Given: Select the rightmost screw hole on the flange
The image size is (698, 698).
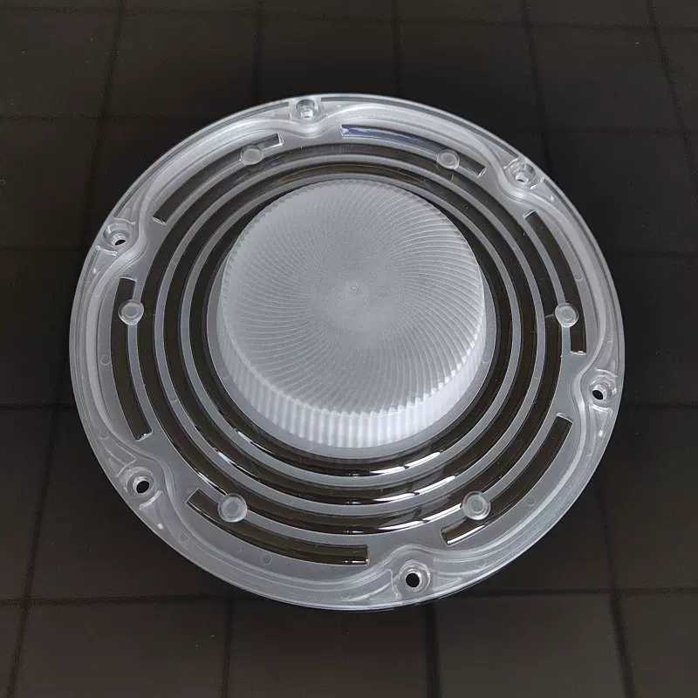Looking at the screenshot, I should (x=599, y=384).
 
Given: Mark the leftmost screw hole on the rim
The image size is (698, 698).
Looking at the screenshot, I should (x=113, y=234).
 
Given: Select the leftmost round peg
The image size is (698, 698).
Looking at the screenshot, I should (x=133, y=311).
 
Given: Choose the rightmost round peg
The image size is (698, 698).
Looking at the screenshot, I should (x=565, y=312).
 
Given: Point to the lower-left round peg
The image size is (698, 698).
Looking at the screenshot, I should (x=231, y=505).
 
